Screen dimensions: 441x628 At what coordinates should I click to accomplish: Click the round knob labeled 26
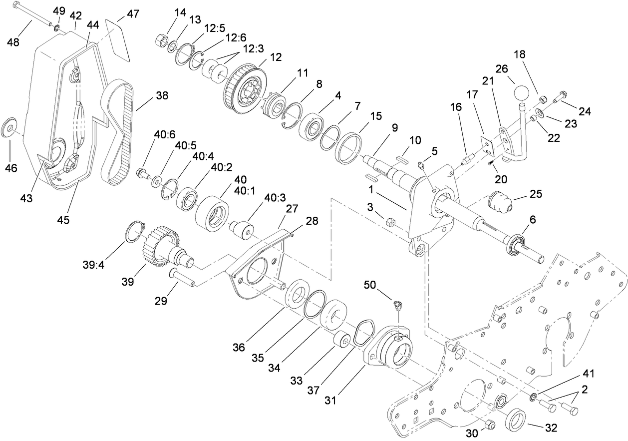[520, 93]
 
